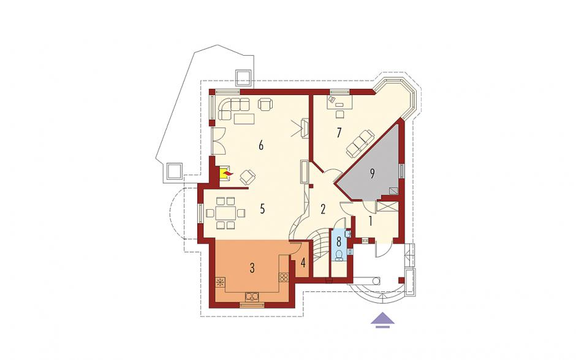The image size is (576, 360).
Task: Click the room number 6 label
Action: [261, 145]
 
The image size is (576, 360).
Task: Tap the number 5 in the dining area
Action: [262, 209]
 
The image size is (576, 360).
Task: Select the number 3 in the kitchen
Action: [252, 268]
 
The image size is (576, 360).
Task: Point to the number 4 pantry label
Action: [303, 263]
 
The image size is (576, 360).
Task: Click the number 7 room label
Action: [339, 132]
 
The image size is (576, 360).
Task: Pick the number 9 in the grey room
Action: [372, 174]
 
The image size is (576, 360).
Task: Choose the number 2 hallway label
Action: [323, 209]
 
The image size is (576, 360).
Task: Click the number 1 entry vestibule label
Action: [371, 221]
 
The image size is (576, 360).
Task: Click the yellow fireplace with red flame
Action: [225, 173]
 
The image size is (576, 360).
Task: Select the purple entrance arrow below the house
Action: [382, 319]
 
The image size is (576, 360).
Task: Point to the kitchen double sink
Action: [252, 296]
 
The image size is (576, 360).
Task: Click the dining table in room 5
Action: [226, 213]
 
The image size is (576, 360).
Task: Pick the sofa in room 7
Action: [361, 142]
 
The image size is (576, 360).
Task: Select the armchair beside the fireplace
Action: [248, 177]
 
